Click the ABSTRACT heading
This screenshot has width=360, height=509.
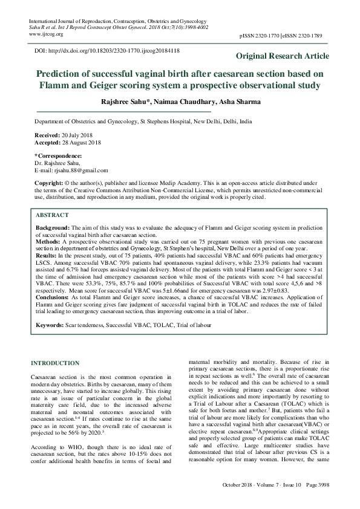coord(52,215)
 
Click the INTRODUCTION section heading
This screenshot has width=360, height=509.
coord(54,363)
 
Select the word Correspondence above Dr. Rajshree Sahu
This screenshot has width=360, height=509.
coord(59,156)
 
